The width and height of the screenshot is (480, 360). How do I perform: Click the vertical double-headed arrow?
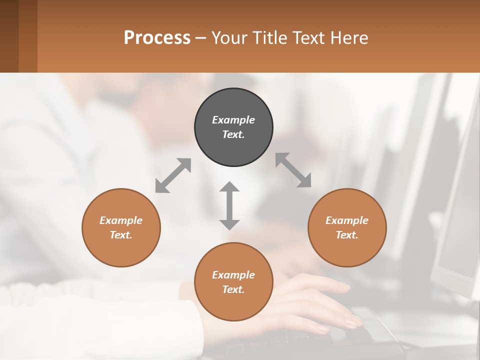coord(229,205)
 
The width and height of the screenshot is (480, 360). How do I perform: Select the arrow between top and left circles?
coord(173,175)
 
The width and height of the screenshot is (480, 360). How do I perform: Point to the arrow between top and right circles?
coord(293,170)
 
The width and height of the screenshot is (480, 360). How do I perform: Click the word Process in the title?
coord(157,37)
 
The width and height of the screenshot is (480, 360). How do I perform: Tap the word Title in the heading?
coord(271,37)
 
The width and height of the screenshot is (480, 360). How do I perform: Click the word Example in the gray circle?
coord(233,120)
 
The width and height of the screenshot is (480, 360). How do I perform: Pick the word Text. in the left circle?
coord(121,235)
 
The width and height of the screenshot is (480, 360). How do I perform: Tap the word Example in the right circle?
coord(347,220)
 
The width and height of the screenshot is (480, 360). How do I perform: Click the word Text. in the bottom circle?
coord(233,289)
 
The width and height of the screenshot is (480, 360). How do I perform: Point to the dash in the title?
coord(201,38)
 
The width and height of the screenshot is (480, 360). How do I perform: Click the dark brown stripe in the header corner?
coord(9,36)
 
